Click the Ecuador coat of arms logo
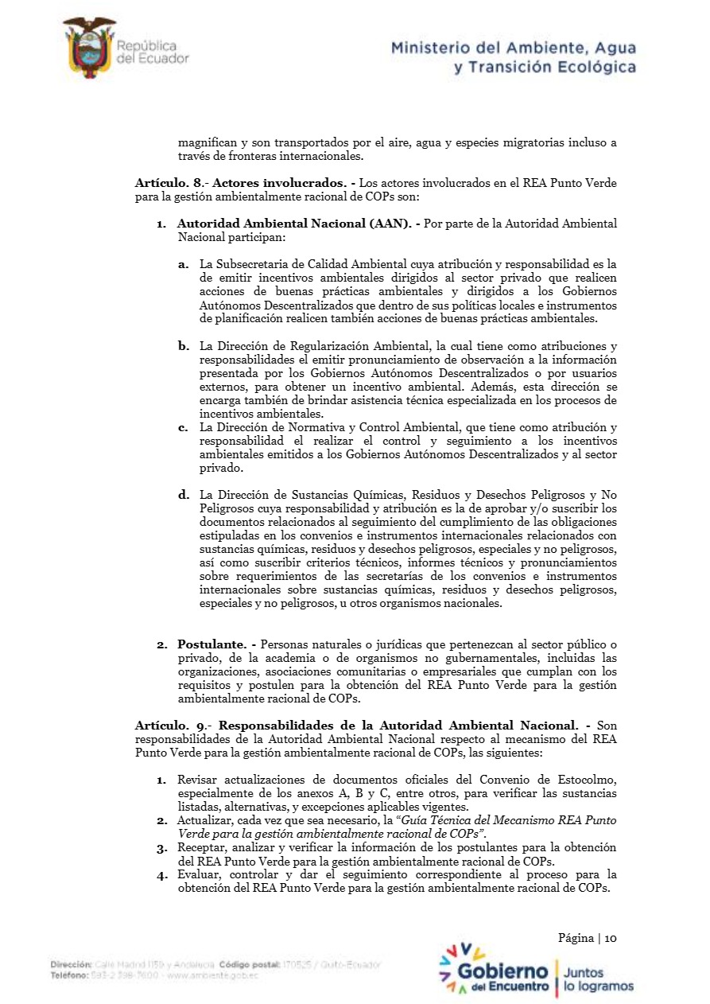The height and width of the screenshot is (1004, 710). (90, 48)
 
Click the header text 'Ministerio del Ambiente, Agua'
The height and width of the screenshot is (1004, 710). (514, 49)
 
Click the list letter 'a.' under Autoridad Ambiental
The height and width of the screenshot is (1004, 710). (184, 263)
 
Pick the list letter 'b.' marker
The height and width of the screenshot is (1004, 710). (184, 346)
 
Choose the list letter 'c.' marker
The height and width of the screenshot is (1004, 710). (184, 428)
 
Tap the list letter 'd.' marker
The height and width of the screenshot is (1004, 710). (184, 495)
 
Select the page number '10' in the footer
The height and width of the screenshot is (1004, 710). (611, 938)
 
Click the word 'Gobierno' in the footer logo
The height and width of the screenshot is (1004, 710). (503, 972)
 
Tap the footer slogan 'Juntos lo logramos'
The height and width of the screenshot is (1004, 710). (599, 979)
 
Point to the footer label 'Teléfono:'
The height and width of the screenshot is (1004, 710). (69, 975)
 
